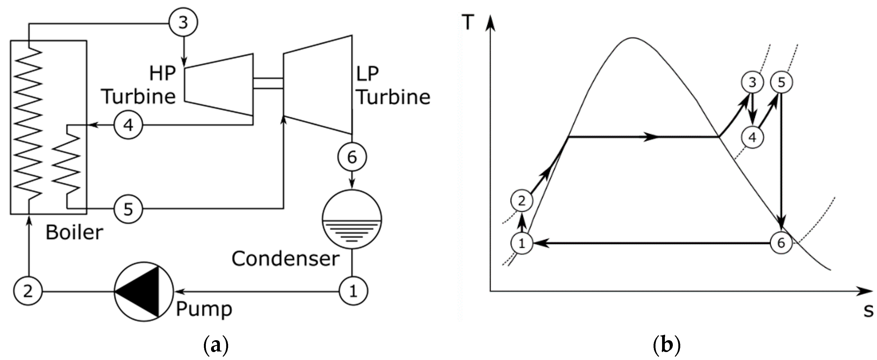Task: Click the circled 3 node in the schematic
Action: [x=184, y=23]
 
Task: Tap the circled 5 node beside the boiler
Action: [x=128, y=209]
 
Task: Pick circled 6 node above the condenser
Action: [x=352, y=157]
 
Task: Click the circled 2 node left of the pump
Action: [x=28, y=291]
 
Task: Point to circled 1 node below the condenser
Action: [x=353, y=291]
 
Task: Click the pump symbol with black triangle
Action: [x=144, y=291]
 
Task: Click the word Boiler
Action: [x=74, y=233]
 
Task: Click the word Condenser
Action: [x=285, y=259]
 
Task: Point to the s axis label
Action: [x=868, y=310]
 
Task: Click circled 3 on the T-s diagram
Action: [x=752, y=82]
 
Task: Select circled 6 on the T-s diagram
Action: [x=781, y=243]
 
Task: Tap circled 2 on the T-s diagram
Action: [x=521, y=201]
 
